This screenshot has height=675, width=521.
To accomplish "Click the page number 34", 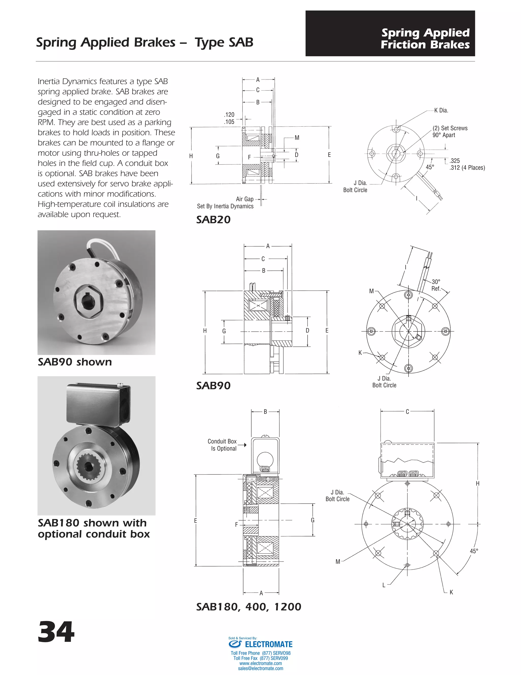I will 56,632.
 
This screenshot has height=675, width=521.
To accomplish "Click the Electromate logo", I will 260,644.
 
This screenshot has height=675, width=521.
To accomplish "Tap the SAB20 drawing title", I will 213,220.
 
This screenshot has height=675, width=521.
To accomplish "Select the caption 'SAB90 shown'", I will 75,362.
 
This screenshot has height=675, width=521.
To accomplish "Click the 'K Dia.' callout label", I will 441,110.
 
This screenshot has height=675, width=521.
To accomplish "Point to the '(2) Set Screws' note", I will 450,128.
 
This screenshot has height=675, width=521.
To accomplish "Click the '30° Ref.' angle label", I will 436,285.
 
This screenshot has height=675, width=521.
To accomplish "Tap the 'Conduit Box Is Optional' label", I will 222,445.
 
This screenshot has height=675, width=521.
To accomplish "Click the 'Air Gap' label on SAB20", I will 244,199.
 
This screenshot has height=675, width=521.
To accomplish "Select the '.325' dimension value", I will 454,161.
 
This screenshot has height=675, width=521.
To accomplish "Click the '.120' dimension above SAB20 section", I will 229,115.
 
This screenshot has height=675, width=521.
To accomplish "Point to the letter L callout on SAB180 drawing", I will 384,585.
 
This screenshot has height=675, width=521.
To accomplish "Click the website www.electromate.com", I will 260,663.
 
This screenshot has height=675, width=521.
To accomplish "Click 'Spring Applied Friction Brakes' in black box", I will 425,39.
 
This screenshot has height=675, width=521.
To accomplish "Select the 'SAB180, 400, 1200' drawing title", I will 249,607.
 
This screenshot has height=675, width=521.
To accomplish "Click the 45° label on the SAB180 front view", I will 474,551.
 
